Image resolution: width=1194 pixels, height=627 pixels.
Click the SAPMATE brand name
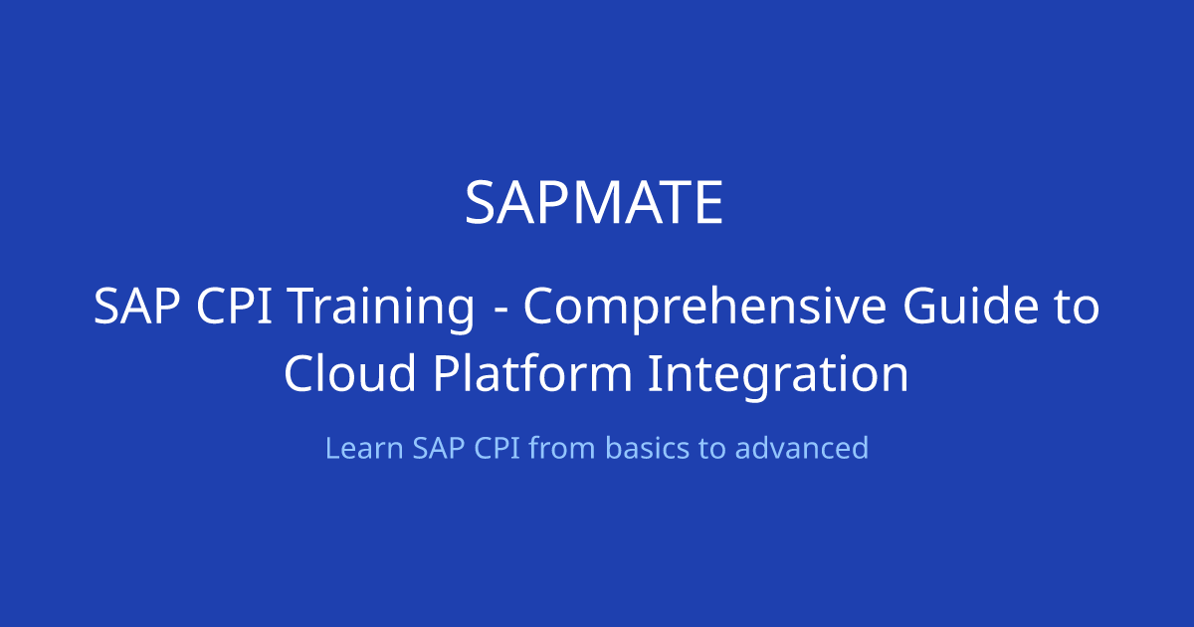594,203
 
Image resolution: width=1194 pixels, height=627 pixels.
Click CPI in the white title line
235,306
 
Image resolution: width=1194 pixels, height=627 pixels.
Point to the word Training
382,309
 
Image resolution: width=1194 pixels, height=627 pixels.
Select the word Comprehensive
705,309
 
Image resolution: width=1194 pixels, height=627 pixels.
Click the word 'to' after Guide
1078,308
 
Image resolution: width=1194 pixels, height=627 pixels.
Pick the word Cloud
349,372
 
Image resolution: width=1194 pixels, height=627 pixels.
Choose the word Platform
533,372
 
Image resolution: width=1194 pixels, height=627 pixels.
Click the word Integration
778,375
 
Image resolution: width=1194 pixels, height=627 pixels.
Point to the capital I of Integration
653,374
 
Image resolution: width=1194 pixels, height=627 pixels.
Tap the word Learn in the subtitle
364,448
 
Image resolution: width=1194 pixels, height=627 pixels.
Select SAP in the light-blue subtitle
439,448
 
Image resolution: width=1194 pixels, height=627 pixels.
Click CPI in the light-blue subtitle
497,448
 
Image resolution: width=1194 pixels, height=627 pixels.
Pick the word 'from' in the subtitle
562,447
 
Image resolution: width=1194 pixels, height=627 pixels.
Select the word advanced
802,447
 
